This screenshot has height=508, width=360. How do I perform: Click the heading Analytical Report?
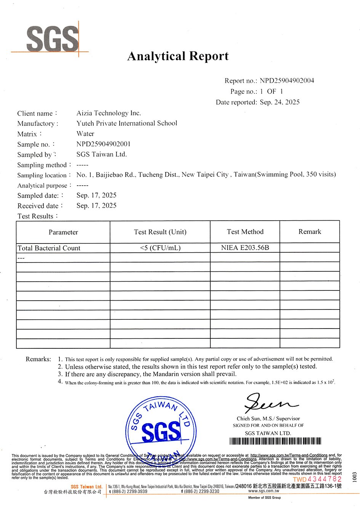click(x=178, y=56)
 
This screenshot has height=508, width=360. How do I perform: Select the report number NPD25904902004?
click(x=287, y=80)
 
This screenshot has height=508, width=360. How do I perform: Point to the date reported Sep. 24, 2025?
click(x=280, y=102)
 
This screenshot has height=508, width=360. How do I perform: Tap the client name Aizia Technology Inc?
click(x=109, y=113)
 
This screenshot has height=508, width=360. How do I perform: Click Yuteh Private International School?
click(x=126, y=123)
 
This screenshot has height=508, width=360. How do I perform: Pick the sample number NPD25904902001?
click(x=103, y=144)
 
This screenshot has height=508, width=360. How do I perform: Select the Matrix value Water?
click(x=85, y=134)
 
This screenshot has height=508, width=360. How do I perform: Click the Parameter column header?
click(x=63, y=232)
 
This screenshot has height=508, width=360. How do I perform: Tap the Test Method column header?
click(x=245, y=232)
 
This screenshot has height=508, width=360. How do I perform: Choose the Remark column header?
click(x=310, y=232)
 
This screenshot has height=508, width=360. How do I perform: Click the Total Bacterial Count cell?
click(x=49, y=248)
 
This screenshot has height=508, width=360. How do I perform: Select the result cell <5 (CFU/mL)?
click(x=160, y=248)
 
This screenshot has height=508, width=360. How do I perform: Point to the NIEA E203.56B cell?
click(x=245, y=248)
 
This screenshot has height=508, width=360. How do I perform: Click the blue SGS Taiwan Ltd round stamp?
click(x=161, y=429)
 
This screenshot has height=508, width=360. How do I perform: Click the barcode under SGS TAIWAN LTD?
click(x=275, y=441)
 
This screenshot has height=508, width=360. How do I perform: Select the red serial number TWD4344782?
click(x=317, y=479)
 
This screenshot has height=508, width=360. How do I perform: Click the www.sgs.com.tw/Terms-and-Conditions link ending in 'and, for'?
click(x=289, y=455)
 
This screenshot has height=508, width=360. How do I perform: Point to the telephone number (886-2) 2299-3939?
click(x=128, y=492)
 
